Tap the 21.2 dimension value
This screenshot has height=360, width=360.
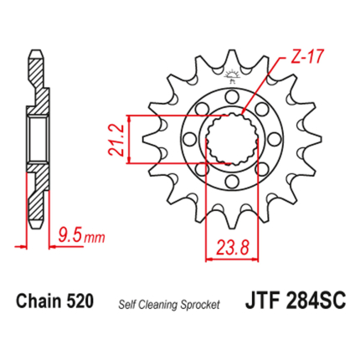click(116, 140)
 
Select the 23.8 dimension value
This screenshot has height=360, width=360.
click(233, 247)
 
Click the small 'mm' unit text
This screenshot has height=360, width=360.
click(95, 238)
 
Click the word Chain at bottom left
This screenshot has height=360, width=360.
click(39, 301)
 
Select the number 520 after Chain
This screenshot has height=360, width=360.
click(80, 301)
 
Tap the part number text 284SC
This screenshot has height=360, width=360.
click(316, 301)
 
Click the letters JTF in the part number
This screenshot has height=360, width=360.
click(263, 301)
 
